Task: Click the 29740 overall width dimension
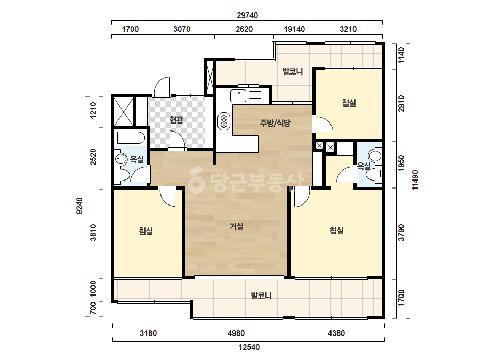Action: tap(247, 15)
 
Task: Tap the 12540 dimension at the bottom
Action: tap(249, 347)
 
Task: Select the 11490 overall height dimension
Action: tap(415, 180)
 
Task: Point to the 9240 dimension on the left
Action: tap(79, 206)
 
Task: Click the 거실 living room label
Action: tap(237, 226)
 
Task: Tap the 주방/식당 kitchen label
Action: tap(275, 123)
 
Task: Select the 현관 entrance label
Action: tap(176, 119)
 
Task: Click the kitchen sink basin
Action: tap(238, 96)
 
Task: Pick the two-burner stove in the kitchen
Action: tap(224, 121)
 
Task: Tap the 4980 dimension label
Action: tap(236, 333)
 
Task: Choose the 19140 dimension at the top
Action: tap(294, 29)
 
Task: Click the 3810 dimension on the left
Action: tap(93, 232)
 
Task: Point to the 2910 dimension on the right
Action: tap(401, 104)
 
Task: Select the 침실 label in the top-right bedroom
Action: tap(349, 103)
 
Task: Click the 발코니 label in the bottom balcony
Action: tap(261, 296)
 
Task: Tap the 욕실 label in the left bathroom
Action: tap(137, 159)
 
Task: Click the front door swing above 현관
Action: tap(162, 87)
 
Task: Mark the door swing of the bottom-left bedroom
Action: tap(167, 198)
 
